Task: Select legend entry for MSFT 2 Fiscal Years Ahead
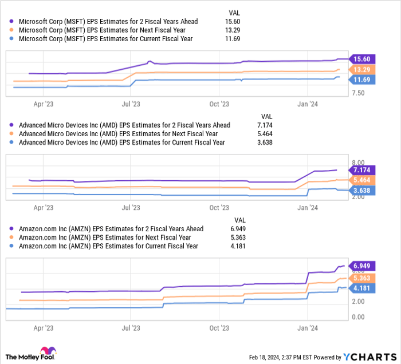coord(108,22)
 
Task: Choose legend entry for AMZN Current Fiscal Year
coord(108,246)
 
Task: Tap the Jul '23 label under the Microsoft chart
coord(131,104)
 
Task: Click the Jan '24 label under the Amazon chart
coord(308,329)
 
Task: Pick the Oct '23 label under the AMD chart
coord(219,208)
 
